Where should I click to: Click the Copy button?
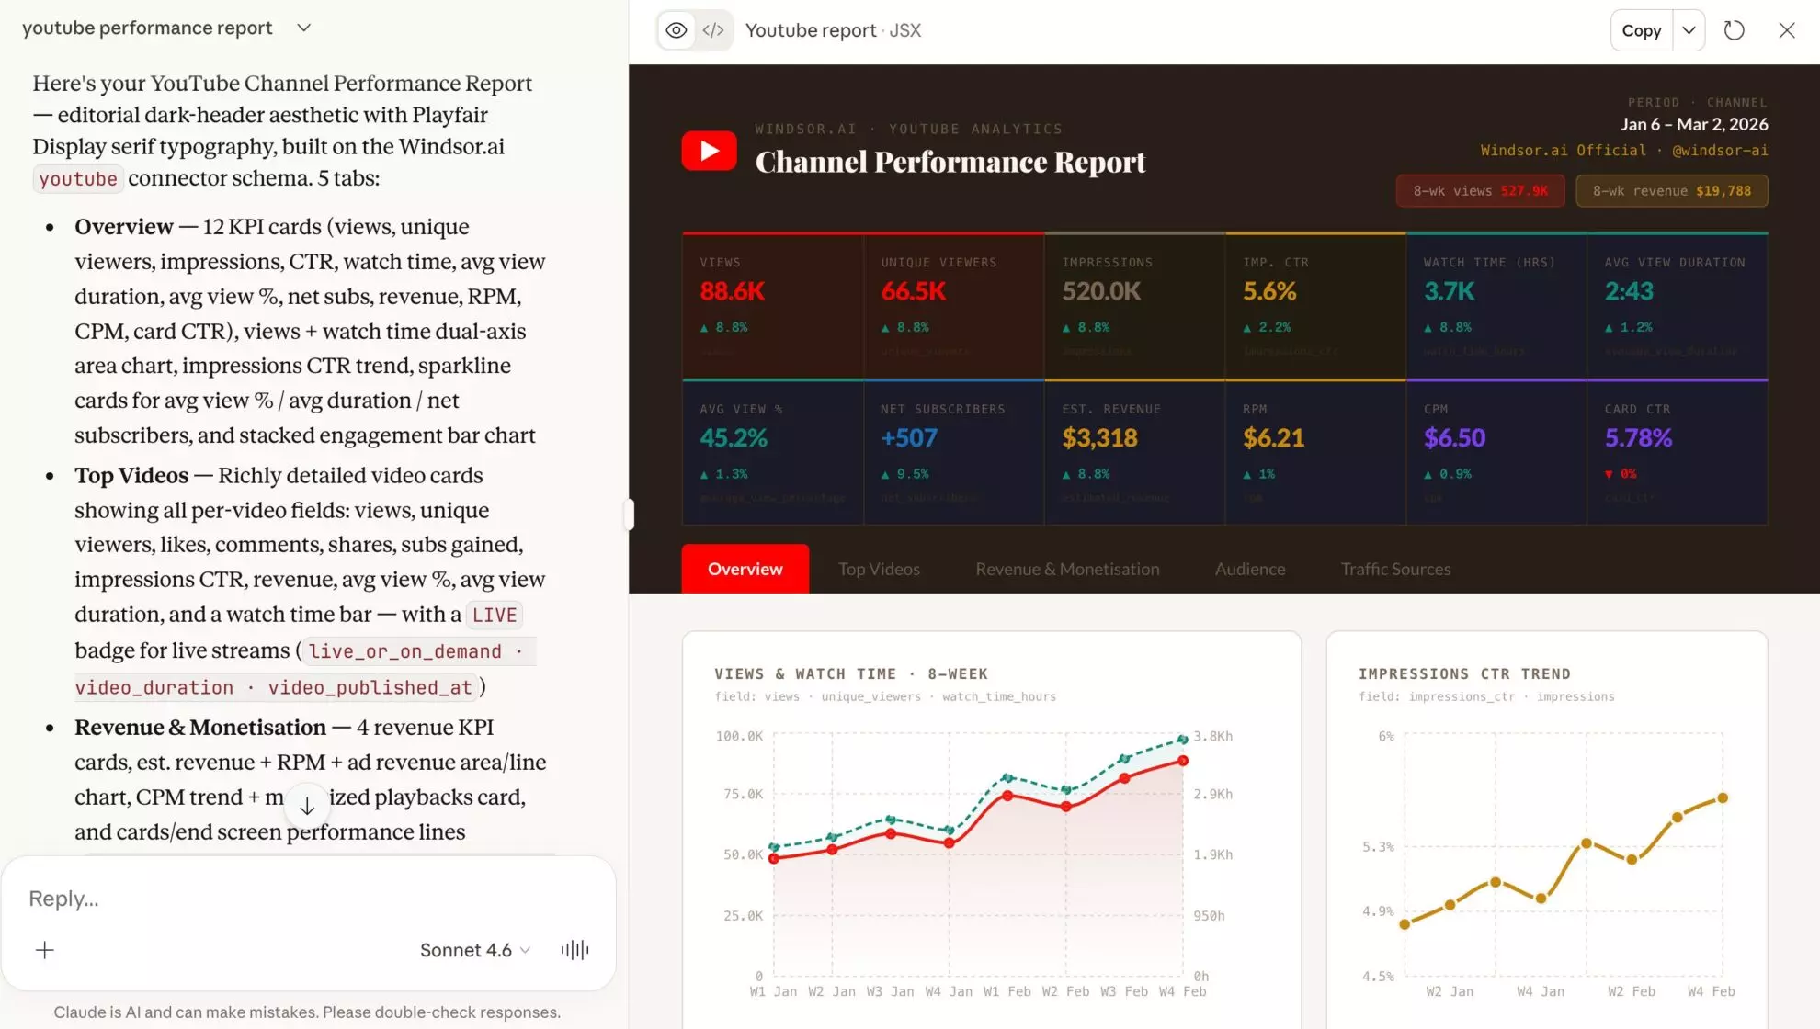coord(1641,30)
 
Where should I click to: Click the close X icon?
coord(1786,30)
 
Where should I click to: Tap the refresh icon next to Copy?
coord(1734,30)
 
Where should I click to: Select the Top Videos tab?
coord(879,569)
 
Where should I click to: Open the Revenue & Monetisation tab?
coord(1067,569)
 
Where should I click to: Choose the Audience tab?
coord(1249,569)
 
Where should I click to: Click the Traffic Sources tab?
coord(1395,569)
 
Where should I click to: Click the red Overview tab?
coord(745,569)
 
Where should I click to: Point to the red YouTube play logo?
coord(709,151)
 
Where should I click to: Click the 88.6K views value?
coord(733,291)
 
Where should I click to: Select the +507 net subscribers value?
coord(908,438)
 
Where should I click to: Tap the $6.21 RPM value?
coord(1273,438)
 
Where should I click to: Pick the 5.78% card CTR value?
coord(1638,438)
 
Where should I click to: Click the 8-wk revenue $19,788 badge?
coord(1671,191)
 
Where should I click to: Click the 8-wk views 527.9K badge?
coord(1480,191)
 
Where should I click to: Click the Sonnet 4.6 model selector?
coord(474,950)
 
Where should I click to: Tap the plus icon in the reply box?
coord(44,950)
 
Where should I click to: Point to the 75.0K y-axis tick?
coord(743,794)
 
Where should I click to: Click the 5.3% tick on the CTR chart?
coord(1377,846)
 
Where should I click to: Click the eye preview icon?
coord(677,30)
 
